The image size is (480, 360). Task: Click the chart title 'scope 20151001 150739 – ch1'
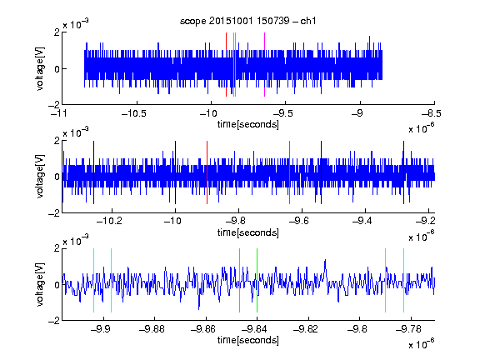[x=247, y=21]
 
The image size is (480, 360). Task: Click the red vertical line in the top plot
[x=226, y=64]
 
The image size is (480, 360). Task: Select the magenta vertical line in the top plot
[x=264, y=64]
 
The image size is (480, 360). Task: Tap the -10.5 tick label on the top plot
[x=134, y=113]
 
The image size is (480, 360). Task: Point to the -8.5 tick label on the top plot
[x=432, y=113]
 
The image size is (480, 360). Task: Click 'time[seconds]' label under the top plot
[x=248, y=124]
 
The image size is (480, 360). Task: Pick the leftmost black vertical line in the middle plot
[x=93, y=172]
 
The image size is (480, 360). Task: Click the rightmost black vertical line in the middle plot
[x=404, y=172]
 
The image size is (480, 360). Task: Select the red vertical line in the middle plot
[x=207, y=172]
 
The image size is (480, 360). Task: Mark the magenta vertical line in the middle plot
[x=290, y=172]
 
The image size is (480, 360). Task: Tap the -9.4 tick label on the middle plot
[x=362, y=221]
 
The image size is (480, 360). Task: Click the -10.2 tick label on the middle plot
[x=109, y=221]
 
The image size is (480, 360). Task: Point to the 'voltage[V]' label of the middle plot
[x=40, y=177]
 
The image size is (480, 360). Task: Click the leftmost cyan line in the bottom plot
[x=93, y=280]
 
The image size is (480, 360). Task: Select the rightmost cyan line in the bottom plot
[x=404, y=280]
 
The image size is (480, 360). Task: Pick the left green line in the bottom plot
[x=239, y=280]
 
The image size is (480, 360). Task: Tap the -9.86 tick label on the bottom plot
[x=203, y=329]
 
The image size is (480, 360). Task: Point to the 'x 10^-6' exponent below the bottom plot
[x=422, y=344]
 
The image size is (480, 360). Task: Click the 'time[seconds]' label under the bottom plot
[x=248, y=340]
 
